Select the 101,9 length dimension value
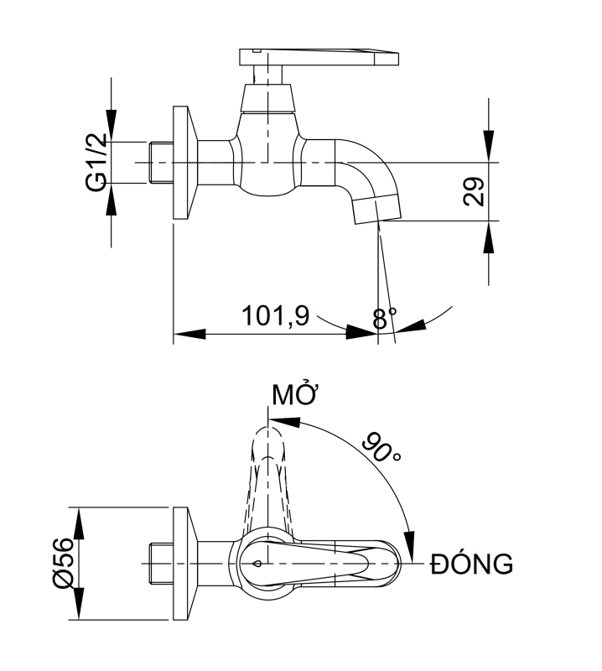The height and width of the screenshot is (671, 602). coord(275,317)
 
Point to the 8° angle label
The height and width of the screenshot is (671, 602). coord(384,318)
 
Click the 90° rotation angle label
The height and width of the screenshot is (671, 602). coord(382,448)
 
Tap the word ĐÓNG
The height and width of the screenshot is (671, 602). coord(471,564)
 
